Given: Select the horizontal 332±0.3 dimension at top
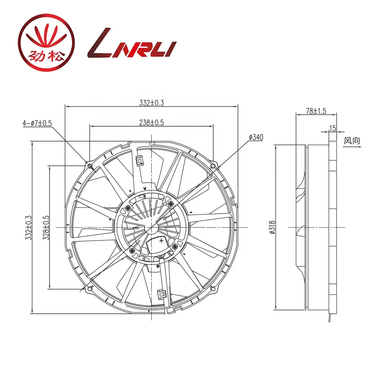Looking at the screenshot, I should point(151,102).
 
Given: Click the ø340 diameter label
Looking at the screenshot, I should point(256,137).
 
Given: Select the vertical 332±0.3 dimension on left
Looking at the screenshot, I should point(28,228).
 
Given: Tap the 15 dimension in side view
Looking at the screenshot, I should point(332,129).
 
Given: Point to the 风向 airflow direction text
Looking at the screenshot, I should point(352,141).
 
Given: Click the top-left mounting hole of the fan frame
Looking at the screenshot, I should point(90,166).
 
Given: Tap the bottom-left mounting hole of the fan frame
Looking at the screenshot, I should point(90,289).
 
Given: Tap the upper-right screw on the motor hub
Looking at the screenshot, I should point(171,204).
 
